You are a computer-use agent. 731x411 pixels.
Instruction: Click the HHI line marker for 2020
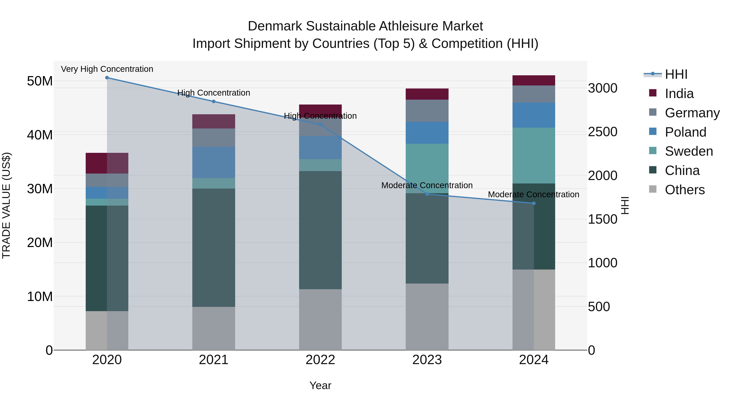(107, 78)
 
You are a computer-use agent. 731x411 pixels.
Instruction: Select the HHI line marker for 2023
(427, 194)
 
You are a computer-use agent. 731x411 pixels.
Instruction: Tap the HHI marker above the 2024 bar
(534, 203)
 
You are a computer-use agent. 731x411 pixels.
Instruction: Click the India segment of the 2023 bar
(427, 94)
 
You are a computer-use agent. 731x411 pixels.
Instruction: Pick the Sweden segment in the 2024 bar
(534, 155)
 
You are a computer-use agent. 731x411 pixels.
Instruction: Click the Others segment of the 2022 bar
(320, 320)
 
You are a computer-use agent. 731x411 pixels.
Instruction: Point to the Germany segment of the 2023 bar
(427, 111)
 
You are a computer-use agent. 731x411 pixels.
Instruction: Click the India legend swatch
(653, 93)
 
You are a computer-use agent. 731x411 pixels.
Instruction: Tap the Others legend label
(685, 190)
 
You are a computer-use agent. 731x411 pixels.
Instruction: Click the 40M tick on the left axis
(40, 135)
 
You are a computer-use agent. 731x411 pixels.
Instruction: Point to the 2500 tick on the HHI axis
(602, 132)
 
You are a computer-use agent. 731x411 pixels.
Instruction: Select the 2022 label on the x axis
(320, 360)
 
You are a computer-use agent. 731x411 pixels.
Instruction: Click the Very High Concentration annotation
(107, 69)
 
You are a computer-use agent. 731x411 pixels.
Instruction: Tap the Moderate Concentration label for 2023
(427, 185)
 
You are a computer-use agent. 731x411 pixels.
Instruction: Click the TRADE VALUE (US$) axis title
(6, 205)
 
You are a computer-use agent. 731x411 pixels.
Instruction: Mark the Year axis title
(320, 385)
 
